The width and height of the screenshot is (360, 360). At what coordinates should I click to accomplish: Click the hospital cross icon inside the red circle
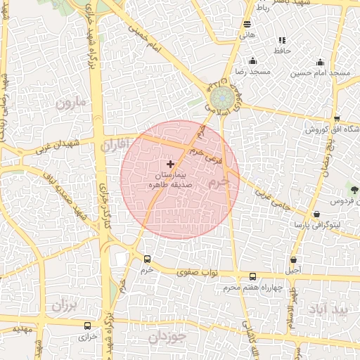coord(170,164)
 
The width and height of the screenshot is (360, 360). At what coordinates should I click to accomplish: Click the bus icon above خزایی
coord(87,326)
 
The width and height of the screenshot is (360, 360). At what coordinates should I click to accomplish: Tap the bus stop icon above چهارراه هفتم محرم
coord(253,276)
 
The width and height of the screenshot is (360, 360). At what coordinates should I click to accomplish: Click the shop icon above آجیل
coord(293,259)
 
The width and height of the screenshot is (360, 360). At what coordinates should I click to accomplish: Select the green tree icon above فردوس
coord(354,190)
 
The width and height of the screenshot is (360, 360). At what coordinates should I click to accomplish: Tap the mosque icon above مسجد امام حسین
coord(321,62)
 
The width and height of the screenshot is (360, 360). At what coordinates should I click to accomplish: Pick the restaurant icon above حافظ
coord(282,40)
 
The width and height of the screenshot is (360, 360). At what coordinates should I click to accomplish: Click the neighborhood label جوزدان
coord(166,337)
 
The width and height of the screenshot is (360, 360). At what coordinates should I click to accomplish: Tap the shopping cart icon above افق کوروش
coord(337,118)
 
